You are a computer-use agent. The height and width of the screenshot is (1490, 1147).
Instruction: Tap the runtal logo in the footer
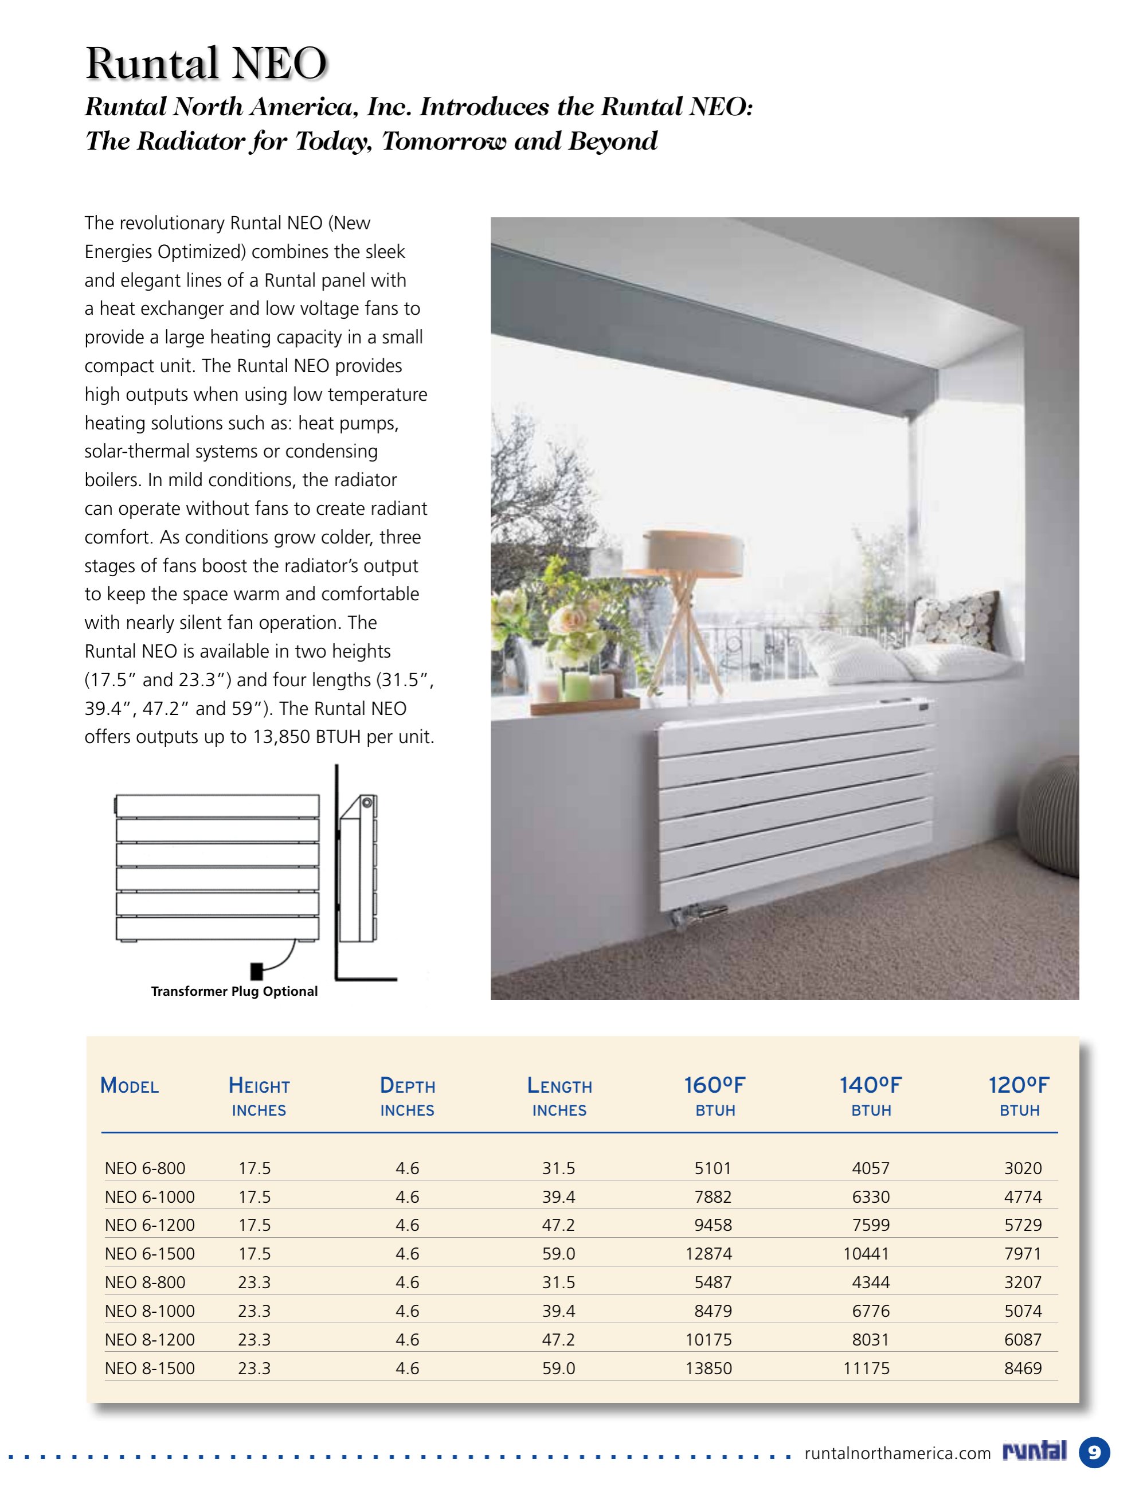pyautogui.click(x=1035, y=1451)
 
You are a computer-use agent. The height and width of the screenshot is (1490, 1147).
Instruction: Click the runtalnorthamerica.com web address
pyautogui.click(x=897, y=1453)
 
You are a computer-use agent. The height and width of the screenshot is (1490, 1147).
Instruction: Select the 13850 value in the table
pyautogui.click(x=708, y=1368)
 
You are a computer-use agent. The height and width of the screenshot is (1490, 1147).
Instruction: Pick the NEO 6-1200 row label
pyautogui.click(x=150, y=1225)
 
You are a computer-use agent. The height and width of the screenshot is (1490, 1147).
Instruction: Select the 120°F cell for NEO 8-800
pyautogui.click(x=1022, y=1282)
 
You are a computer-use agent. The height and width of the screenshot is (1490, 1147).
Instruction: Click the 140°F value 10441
pyautogui.click(x=866, y=1253)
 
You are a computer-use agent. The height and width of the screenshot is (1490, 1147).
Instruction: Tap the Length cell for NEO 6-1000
pyautogui.click(x=558, y=1196)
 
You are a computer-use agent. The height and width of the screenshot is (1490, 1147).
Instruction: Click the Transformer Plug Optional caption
pyautogui.click(x=234, y=991)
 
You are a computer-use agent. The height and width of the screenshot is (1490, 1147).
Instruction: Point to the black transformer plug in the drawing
pyautogui.click(x=257, y=970)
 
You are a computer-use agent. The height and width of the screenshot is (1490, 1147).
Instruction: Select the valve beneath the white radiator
pyautogui.click(x=698, y=913)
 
